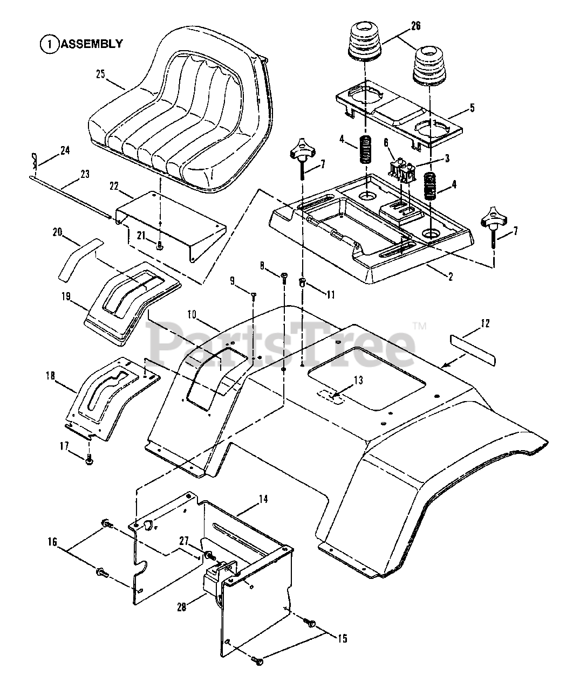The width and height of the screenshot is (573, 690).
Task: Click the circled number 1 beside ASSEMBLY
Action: (49, 44)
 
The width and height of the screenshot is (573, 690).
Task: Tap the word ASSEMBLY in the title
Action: (92, 44)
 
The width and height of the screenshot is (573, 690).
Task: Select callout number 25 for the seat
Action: (100, 74)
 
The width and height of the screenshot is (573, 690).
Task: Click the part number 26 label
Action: (415, 26)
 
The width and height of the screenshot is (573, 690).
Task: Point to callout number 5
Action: (472, 108)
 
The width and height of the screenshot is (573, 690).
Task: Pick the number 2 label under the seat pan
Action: (451, 276)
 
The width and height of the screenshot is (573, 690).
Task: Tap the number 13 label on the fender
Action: (358, 381)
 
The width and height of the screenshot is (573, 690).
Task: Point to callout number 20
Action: (58, 232)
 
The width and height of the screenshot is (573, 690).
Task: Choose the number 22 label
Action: (114, 187)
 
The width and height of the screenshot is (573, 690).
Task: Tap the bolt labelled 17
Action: (88, 459)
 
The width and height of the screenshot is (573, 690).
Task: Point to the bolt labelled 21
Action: (160, 245)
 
